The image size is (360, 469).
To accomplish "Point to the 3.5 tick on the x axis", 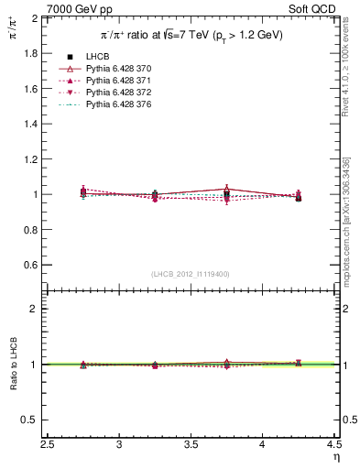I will tap(191, 445).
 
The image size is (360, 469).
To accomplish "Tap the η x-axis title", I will tap(336, 456).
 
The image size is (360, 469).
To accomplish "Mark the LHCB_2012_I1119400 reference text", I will tap(191, 274).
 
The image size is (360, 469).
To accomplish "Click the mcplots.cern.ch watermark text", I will tap(345, 220).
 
